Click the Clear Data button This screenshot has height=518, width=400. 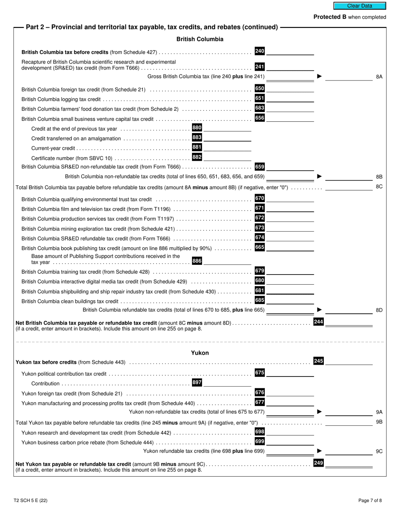click(360, 6)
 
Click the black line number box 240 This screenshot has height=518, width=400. click(260, 51)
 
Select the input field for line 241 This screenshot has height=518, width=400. click(290, 67)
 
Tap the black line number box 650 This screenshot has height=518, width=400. click(260, 88)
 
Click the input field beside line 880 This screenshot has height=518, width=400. click(227, 128)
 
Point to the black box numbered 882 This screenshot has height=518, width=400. click(197, 157)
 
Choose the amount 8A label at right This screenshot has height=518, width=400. click(379, 77)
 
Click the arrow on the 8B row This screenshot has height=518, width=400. click(320, 176)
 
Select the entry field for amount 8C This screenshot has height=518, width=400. click(349, 187)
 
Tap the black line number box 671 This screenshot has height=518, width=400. click(260, 208)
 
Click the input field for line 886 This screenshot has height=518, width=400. click(227, 261)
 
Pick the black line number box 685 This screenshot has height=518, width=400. click(260, 300)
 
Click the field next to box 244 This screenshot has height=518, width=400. click(349, 323)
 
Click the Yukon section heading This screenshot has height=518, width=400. click(200, 353)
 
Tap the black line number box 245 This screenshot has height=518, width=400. click(318, 361)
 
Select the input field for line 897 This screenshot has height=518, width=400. click(227, 383)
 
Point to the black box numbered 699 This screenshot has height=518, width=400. click(260, 441)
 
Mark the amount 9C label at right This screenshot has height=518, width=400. click(379, 451)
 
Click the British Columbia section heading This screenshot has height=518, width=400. click(200, 39)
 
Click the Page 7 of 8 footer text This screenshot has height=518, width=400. click(370, 501)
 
